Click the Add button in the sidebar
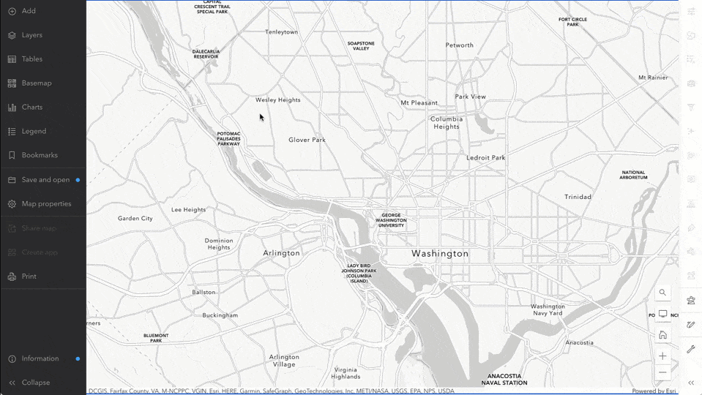pyautogui.click(x=29, y=11)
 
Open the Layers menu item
pyautogui.click(x=31, y=35)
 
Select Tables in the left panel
pyautogui.click(x=31, y=59)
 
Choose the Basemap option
pyautogui.click(x=36, y=83)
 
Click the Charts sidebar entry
pyautogui.click(x=31, y=108)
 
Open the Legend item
pyautogui.click(x=34, y=132)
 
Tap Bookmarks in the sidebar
pyautogui.click(x=39, y=155)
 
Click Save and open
pyautogui.click(x=45, y=180)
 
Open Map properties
pyautogui.click(x=46, y=204)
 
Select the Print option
pyautogui.click(x=29, y=276)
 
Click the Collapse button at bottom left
pyautogui.click(x=35, y=383)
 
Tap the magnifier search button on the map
pyautogui.click(x=662, y=293)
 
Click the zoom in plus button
pyautogui.click(x=662, y=356)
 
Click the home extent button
pyautogui.click(x=662, y=335)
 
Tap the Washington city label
pyautogui.click(x=439, y=254)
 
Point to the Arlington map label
pyautogui.click(x=281, y=253)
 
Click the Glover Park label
pyautogui.click(x=307, y=140)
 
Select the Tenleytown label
pyautogui.click(x=281, y=32)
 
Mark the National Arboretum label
pyautogui.click(x=633, y=175)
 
